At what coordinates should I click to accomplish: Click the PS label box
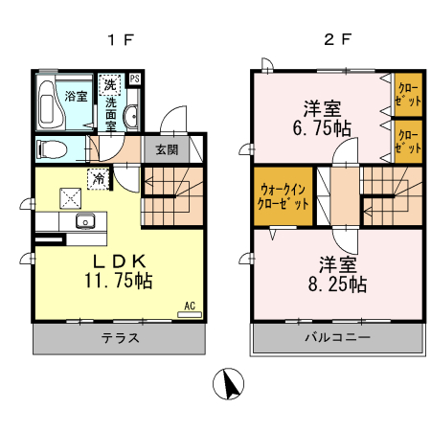pos(135,79)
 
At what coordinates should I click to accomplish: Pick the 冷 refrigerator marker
pos(99,177)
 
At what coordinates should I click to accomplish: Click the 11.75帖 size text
pos(119,282)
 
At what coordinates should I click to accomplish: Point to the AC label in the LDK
pos(189,306)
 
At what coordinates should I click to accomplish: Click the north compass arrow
pos(230,386)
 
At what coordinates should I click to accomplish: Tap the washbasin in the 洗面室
pos(131,118)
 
